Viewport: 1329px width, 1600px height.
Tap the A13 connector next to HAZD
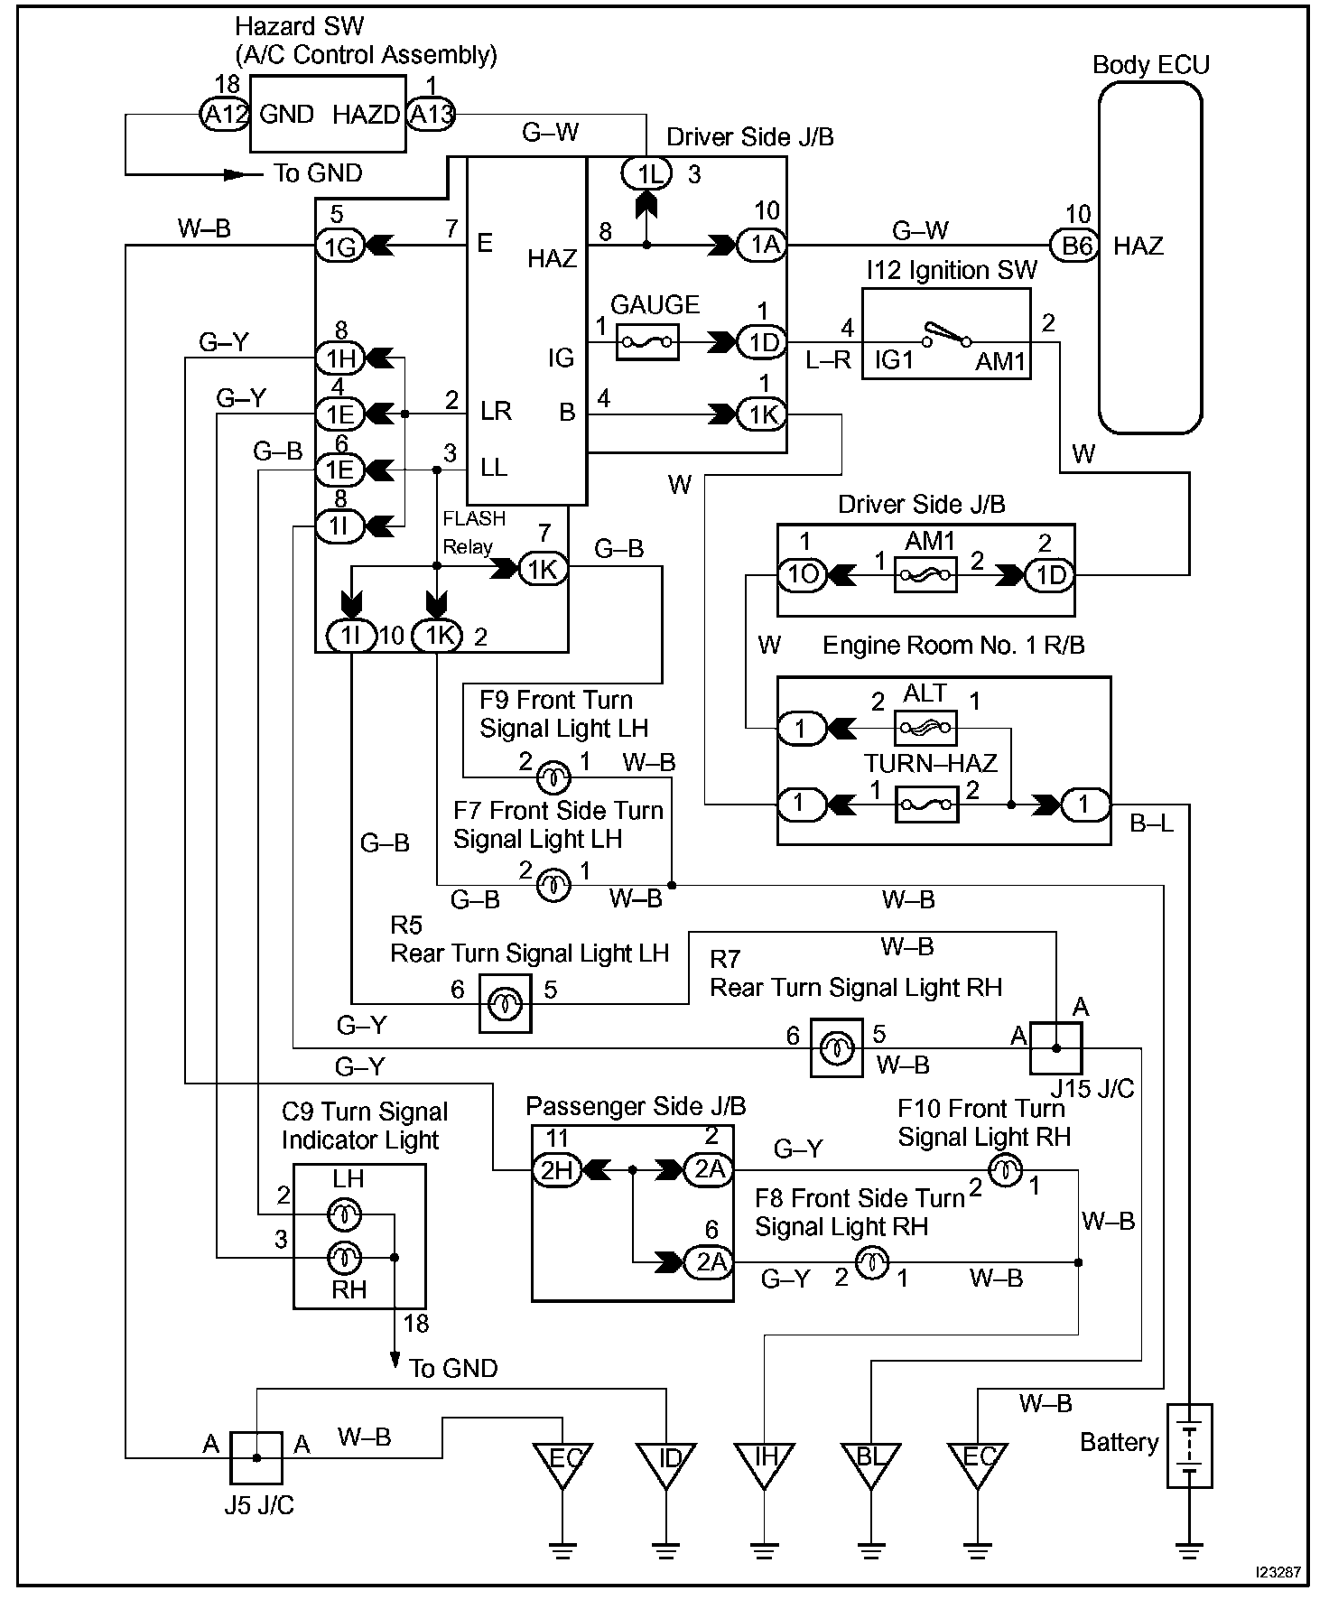[x=432, y=114]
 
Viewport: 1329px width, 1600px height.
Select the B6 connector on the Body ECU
[x=1075, y=245]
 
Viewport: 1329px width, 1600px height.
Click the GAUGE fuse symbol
[x=647, y=342]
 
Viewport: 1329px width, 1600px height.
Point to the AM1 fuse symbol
[x=925, y=574]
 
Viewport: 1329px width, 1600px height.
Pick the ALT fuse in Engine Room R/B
[x=925, y=727]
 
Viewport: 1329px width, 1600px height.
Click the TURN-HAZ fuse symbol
[x=926, y=804]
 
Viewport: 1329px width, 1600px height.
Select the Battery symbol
[x=1189, y=1446]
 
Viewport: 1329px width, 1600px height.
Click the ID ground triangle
[x=666, y=1464]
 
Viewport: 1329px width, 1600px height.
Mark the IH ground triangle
[x=764, y=1464]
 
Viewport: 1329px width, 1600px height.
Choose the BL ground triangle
[x=870, y=1464]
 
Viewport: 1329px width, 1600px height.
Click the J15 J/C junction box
[x=1056, y=1048]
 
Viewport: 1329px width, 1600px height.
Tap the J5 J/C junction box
[x=256, y=1457]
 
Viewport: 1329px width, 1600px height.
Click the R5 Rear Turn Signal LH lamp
[x=505, y=1003]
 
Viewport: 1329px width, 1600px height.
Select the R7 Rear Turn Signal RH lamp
[x=836, y=1048]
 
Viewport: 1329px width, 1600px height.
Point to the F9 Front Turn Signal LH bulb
[x=553, y=777]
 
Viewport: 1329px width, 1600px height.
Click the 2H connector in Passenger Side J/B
[x=556, y=1170]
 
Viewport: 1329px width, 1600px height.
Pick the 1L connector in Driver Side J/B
[x=647, y=174]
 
